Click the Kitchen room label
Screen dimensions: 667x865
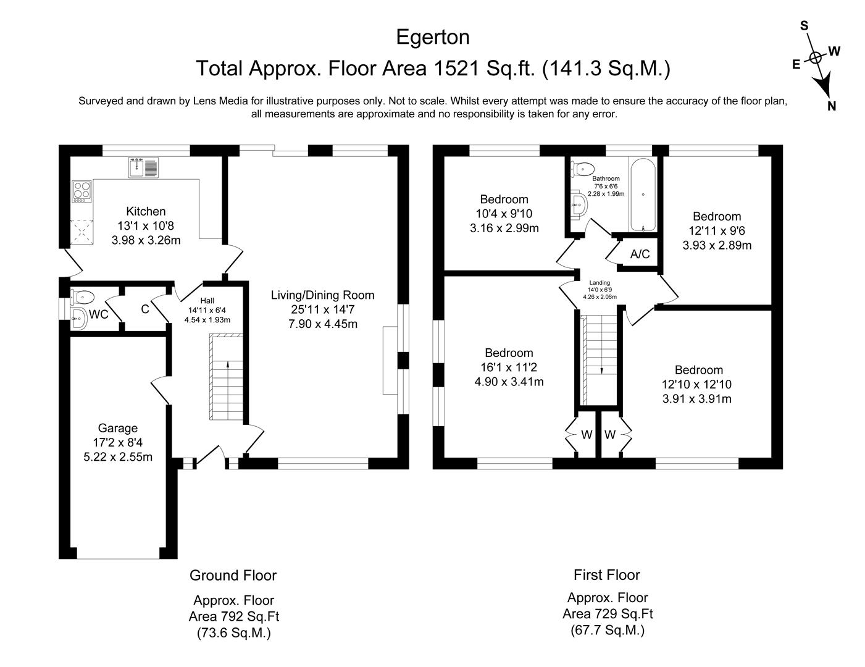[x=146, y=211]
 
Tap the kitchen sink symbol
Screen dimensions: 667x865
[x=143, y=167]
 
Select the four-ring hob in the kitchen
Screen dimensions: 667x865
[x=81, y=191]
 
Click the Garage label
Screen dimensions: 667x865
[x=118, y=428]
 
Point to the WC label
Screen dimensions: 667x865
[x=99, y=314]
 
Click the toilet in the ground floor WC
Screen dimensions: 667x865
[x=82, y=296]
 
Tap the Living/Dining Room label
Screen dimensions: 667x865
[x=322, y=295]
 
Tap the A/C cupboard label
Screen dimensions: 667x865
[x=640, y=254]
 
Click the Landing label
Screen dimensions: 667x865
[x=599, y=283]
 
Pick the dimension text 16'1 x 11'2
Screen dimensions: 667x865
[x=509, y=367]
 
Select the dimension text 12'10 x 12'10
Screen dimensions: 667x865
[x=696, y=384]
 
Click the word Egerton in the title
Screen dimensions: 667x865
[x=432, y=37]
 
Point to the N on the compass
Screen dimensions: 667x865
[x=832, y=106]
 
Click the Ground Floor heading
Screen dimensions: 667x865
[x=233, y=576]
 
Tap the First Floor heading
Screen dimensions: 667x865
[x=606, y=575]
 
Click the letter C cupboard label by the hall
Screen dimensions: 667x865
[x=145, y=309]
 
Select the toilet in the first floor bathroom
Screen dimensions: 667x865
[x=583, y=168]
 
